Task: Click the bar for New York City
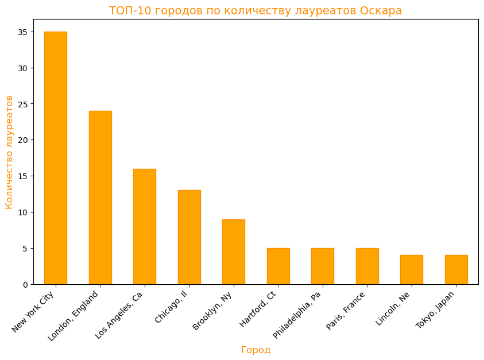coord(56,158)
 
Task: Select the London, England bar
coord(100,198)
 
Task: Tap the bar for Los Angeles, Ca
coord(145,226)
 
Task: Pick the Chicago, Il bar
coord(189,237)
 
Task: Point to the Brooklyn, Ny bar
coord(234,251)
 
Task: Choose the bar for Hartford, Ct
coord(278,266)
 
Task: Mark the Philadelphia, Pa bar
coord(323,266)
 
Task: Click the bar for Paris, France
coord(367,266)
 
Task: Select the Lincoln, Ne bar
coord(412,269)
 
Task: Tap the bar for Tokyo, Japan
coord(456,269)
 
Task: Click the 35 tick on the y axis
coord(22,32)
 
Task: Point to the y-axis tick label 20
coord(22,140)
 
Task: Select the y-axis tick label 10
coord(22,212)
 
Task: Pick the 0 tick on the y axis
coord(24,284)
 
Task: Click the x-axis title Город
coord(255,350)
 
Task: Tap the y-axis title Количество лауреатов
coord(9,152)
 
